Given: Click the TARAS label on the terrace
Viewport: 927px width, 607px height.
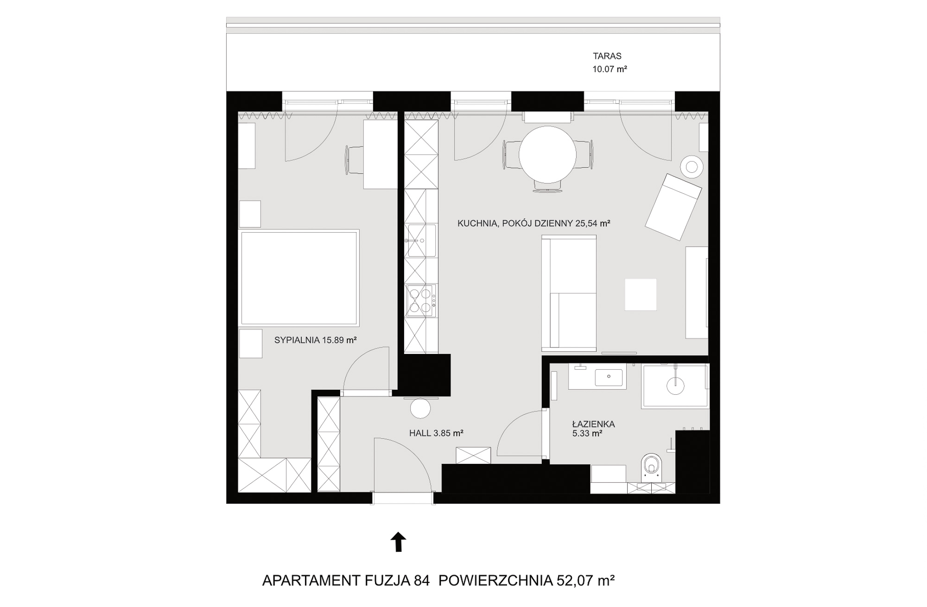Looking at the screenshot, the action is click(607, 56).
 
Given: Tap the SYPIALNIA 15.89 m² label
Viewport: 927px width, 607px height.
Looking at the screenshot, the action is click(315, 340).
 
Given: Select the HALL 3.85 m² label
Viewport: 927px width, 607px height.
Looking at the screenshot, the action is click(436, 434).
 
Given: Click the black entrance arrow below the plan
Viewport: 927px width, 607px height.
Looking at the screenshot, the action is click(398, 542).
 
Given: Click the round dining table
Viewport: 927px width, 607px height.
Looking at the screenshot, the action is click(547, 155).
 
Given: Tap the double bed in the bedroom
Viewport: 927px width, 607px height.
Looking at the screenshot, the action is click(299, 277).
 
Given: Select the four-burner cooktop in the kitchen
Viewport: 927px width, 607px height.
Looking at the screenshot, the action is click(421, 301).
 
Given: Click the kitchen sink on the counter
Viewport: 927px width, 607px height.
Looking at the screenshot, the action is click(421, 240).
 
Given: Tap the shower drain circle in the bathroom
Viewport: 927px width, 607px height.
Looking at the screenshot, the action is click(675, 386).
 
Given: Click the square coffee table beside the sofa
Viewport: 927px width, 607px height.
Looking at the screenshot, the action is click(641, 294).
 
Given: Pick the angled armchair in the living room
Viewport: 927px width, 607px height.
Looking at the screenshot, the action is click(673, 207).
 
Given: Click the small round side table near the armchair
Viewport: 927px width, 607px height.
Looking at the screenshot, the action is click(692, 167).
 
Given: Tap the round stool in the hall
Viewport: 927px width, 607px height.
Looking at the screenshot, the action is click(420, 408).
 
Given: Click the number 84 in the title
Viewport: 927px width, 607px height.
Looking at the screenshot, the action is click(421, 581).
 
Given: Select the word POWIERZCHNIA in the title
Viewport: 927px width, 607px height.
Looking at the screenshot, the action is click(495, 581).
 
